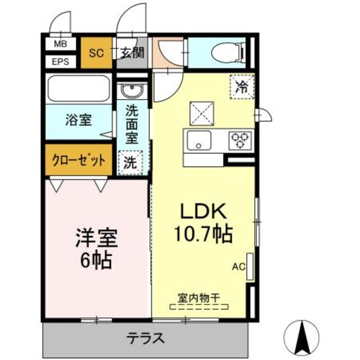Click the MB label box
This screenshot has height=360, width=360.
coord(60,44)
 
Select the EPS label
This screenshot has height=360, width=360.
coord(60,61)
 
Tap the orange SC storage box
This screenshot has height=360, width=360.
coord(97,54)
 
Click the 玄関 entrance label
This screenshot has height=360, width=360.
coord(132,54)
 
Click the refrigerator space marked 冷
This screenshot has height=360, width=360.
coord(241,86)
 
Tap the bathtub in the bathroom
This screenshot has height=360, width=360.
coord(78,90)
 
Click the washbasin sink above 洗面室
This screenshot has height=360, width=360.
coord(134,91)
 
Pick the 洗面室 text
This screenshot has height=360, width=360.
coord(132,124)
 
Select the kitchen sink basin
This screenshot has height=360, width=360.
coord(199,139)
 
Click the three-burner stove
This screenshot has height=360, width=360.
coord(241,139)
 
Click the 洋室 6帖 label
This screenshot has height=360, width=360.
coord(96,247)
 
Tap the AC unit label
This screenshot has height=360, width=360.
coord(239,267)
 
